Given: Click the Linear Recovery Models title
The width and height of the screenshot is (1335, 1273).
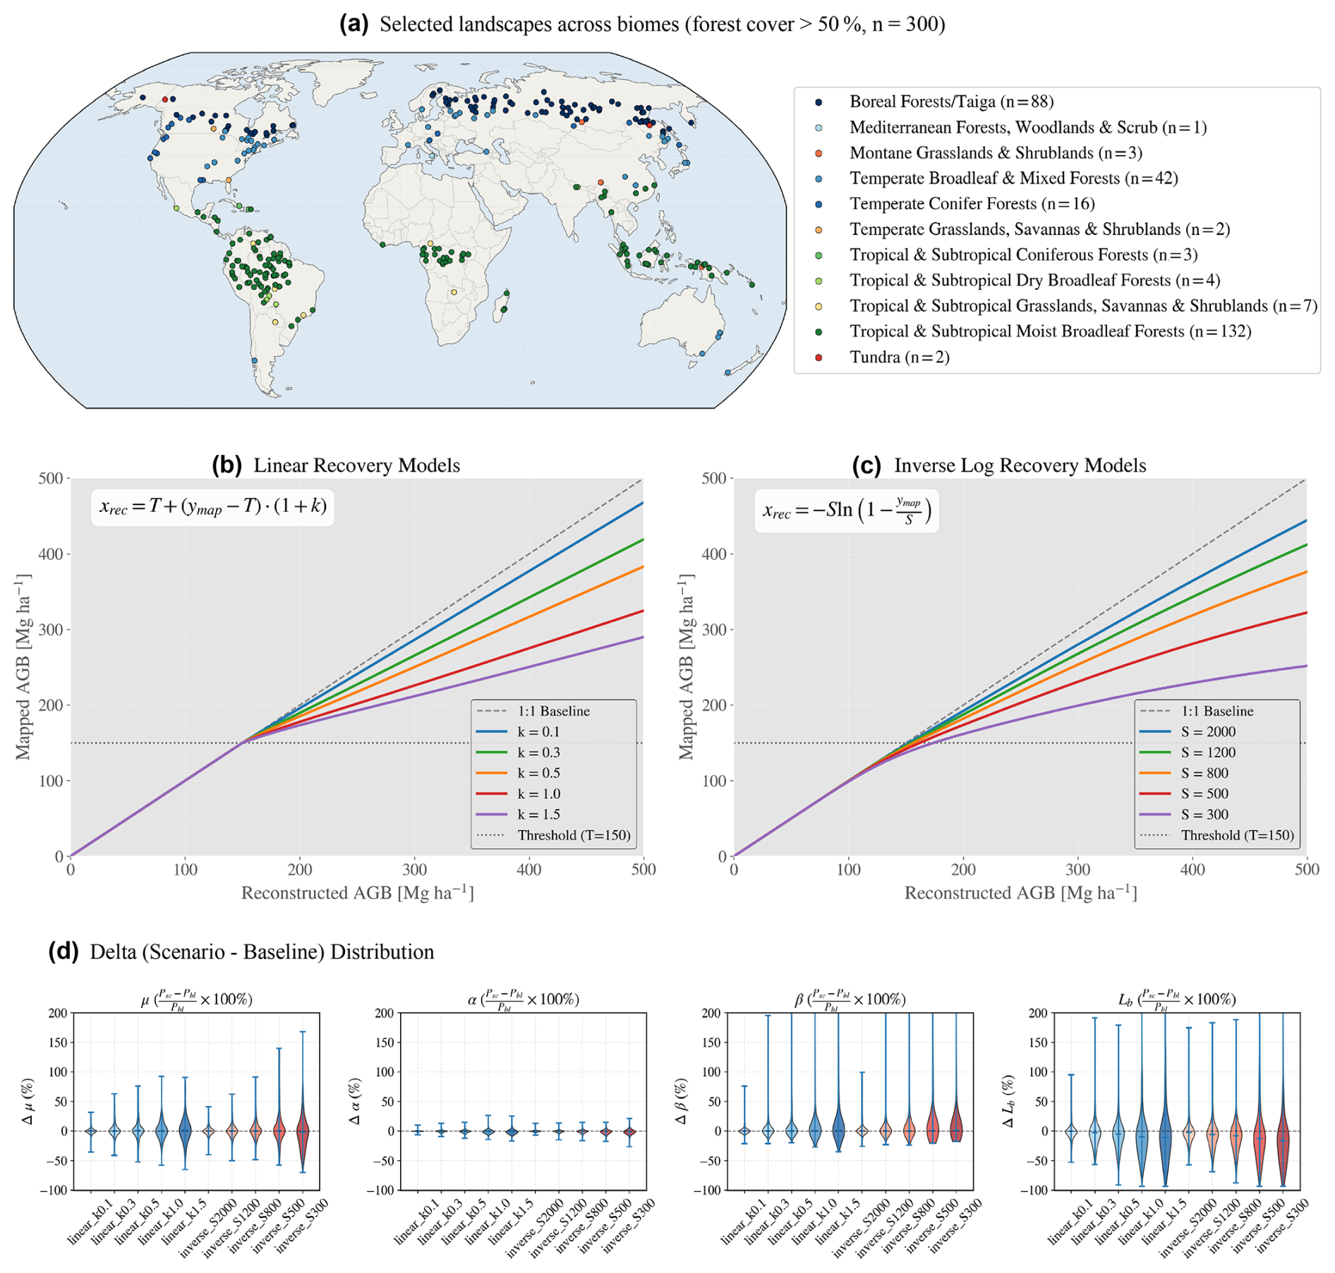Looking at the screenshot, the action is pyautogui.click(x=356, y=465).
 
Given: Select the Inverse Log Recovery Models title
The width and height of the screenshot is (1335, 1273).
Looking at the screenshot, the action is pyautogui.click(x=1020, y=465).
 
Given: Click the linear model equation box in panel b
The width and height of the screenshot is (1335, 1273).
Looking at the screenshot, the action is pyautogui.click(x=212, y=507).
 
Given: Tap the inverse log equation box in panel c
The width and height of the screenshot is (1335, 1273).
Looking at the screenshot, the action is pyautogui.click(x=847, y=511).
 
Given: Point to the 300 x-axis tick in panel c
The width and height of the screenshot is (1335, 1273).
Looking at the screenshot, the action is pyautogui.click(x=1077, y=870).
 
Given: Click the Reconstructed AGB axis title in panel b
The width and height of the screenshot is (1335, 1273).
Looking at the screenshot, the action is pyautogui.click(x=358, y=893).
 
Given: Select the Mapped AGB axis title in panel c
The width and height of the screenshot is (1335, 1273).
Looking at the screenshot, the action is pyautogui.click(x=686, y=666).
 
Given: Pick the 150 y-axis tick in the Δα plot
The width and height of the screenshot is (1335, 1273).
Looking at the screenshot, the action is pyautogui.click(x=385, y=1042).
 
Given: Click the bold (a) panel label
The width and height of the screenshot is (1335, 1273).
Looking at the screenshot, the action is pyautogui.click(x=354, y=24).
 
